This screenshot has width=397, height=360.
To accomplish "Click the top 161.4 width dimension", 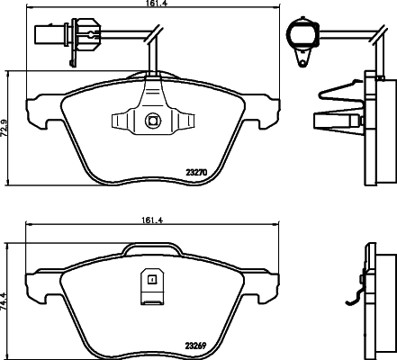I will (152, 6).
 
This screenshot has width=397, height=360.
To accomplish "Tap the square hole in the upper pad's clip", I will (152, 120).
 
